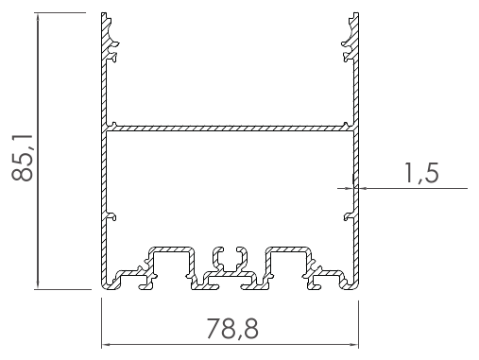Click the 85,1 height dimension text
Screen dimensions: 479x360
point(22,158)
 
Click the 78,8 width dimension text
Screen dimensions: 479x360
point(232,329)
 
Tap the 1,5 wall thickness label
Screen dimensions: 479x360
point(421,173)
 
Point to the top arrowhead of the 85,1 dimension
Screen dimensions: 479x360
point(38,17)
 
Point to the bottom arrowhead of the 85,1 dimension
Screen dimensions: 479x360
point(38,285)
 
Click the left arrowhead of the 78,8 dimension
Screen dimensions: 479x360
point(105,345)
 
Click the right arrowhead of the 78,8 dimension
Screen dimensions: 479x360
point(354,345)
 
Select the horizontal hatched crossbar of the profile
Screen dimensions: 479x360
point(230,129)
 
